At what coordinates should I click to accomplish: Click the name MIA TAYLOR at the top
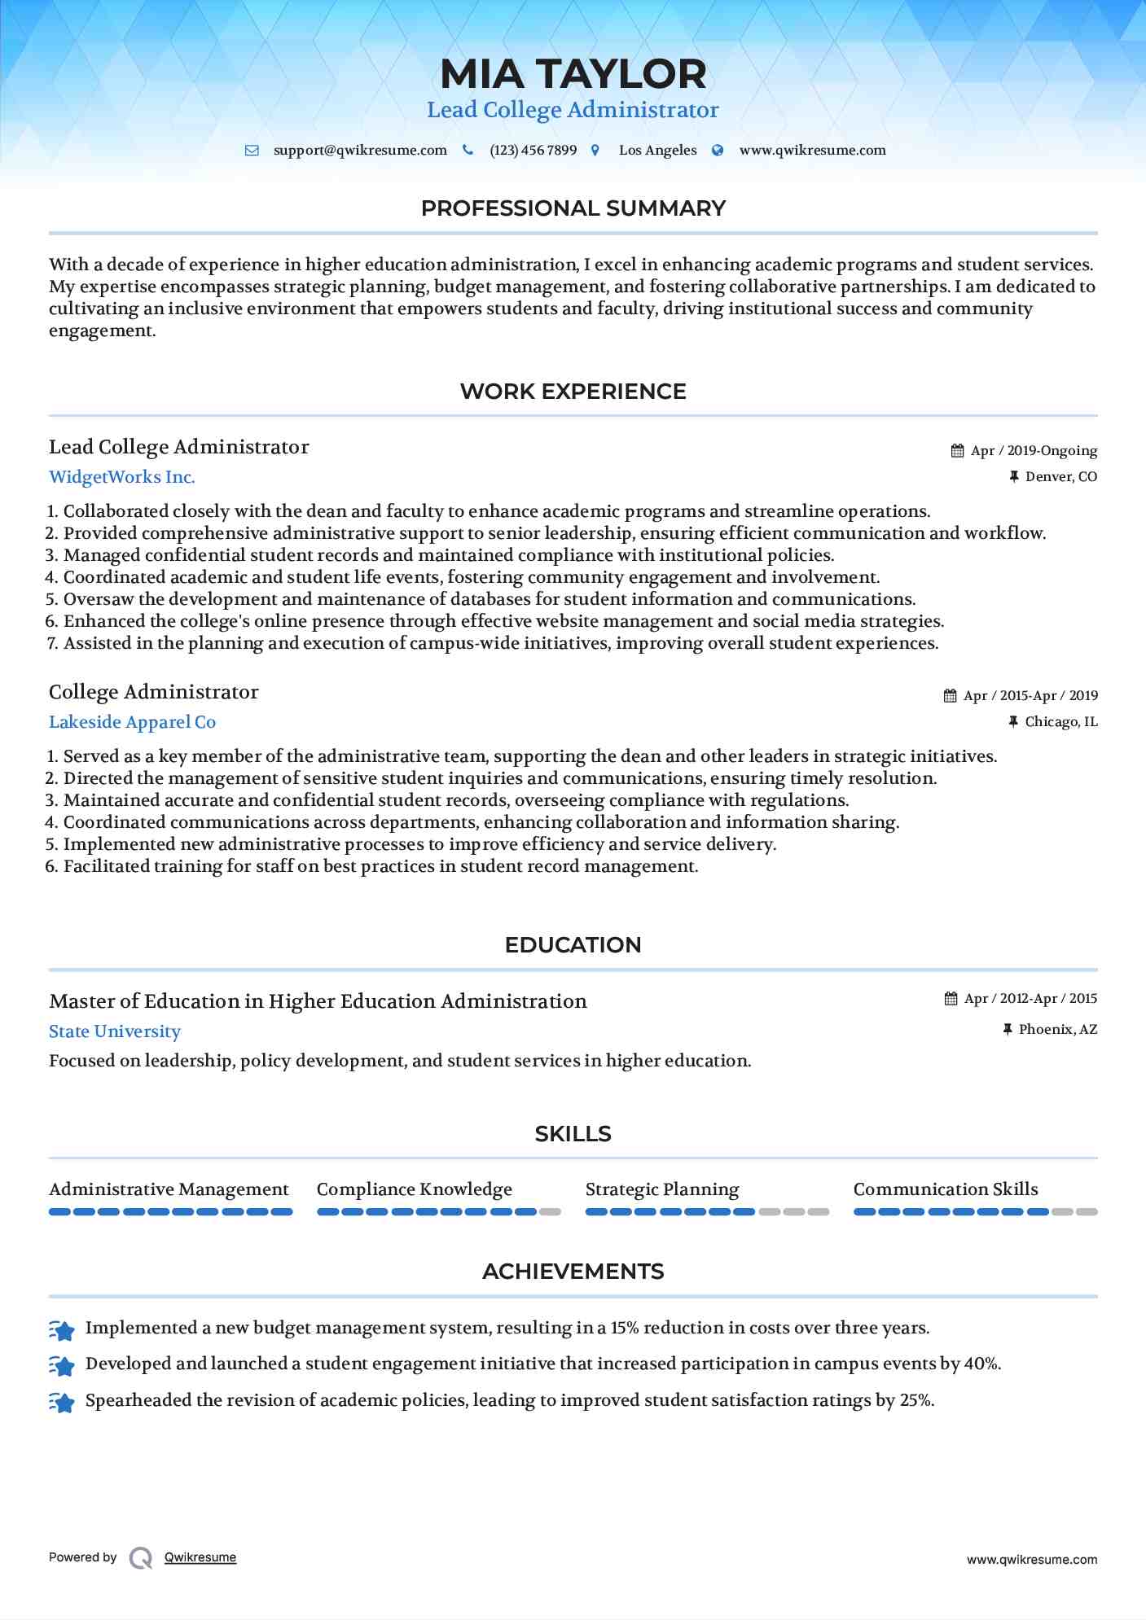coord(573,74)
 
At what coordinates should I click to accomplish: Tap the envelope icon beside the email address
coord(252,151)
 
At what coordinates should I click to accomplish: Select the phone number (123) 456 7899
coord(533,151)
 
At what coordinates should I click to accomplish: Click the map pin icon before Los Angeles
coord(595,151)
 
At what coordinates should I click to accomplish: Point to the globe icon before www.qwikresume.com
coord(718,151)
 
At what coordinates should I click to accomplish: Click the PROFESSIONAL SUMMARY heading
coord(573,208)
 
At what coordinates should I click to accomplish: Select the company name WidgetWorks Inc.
coord(122,477)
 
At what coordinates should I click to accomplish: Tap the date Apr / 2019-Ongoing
coord(1034,451)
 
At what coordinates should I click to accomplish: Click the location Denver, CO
coord(1060,477)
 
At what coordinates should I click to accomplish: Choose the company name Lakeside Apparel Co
coord(132,722)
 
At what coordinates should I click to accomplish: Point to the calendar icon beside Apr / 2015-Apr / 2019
coord(950,696)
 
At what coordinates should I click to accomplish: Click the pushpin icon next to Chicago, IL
coord(1013,722)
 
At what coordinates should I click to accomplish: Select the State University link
coord(115,1031)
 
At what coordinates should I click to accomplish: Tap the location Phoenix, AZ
coord(1057,1030)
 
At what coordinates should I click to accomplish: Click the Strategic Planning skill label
coord(662,1189)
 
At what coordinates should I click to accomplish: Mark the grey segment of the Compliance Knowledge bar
coord(551,1212)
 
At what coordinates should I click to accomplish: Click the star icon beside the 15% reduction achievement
coord(63,1330)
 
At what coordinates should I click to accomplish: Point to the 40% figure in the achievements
coord(981,1364)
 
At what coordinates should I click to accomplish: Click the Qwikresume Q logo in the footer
coord(141,1557)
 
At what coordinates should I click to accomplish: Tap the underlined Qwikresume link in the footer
coord(200,1557)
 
